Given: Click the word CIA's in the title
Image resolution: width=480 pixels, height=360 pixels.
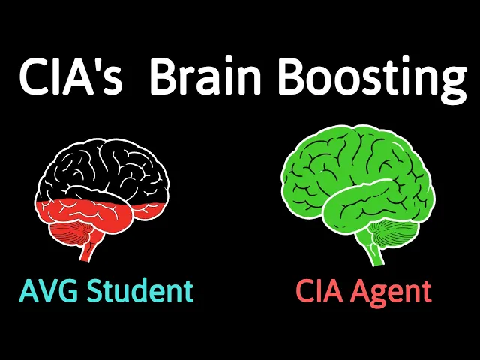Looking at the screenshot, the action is pos(70,77).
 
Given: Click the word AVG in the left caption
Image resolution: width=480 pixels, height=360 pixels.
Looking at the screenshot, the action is pos(49,290).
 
